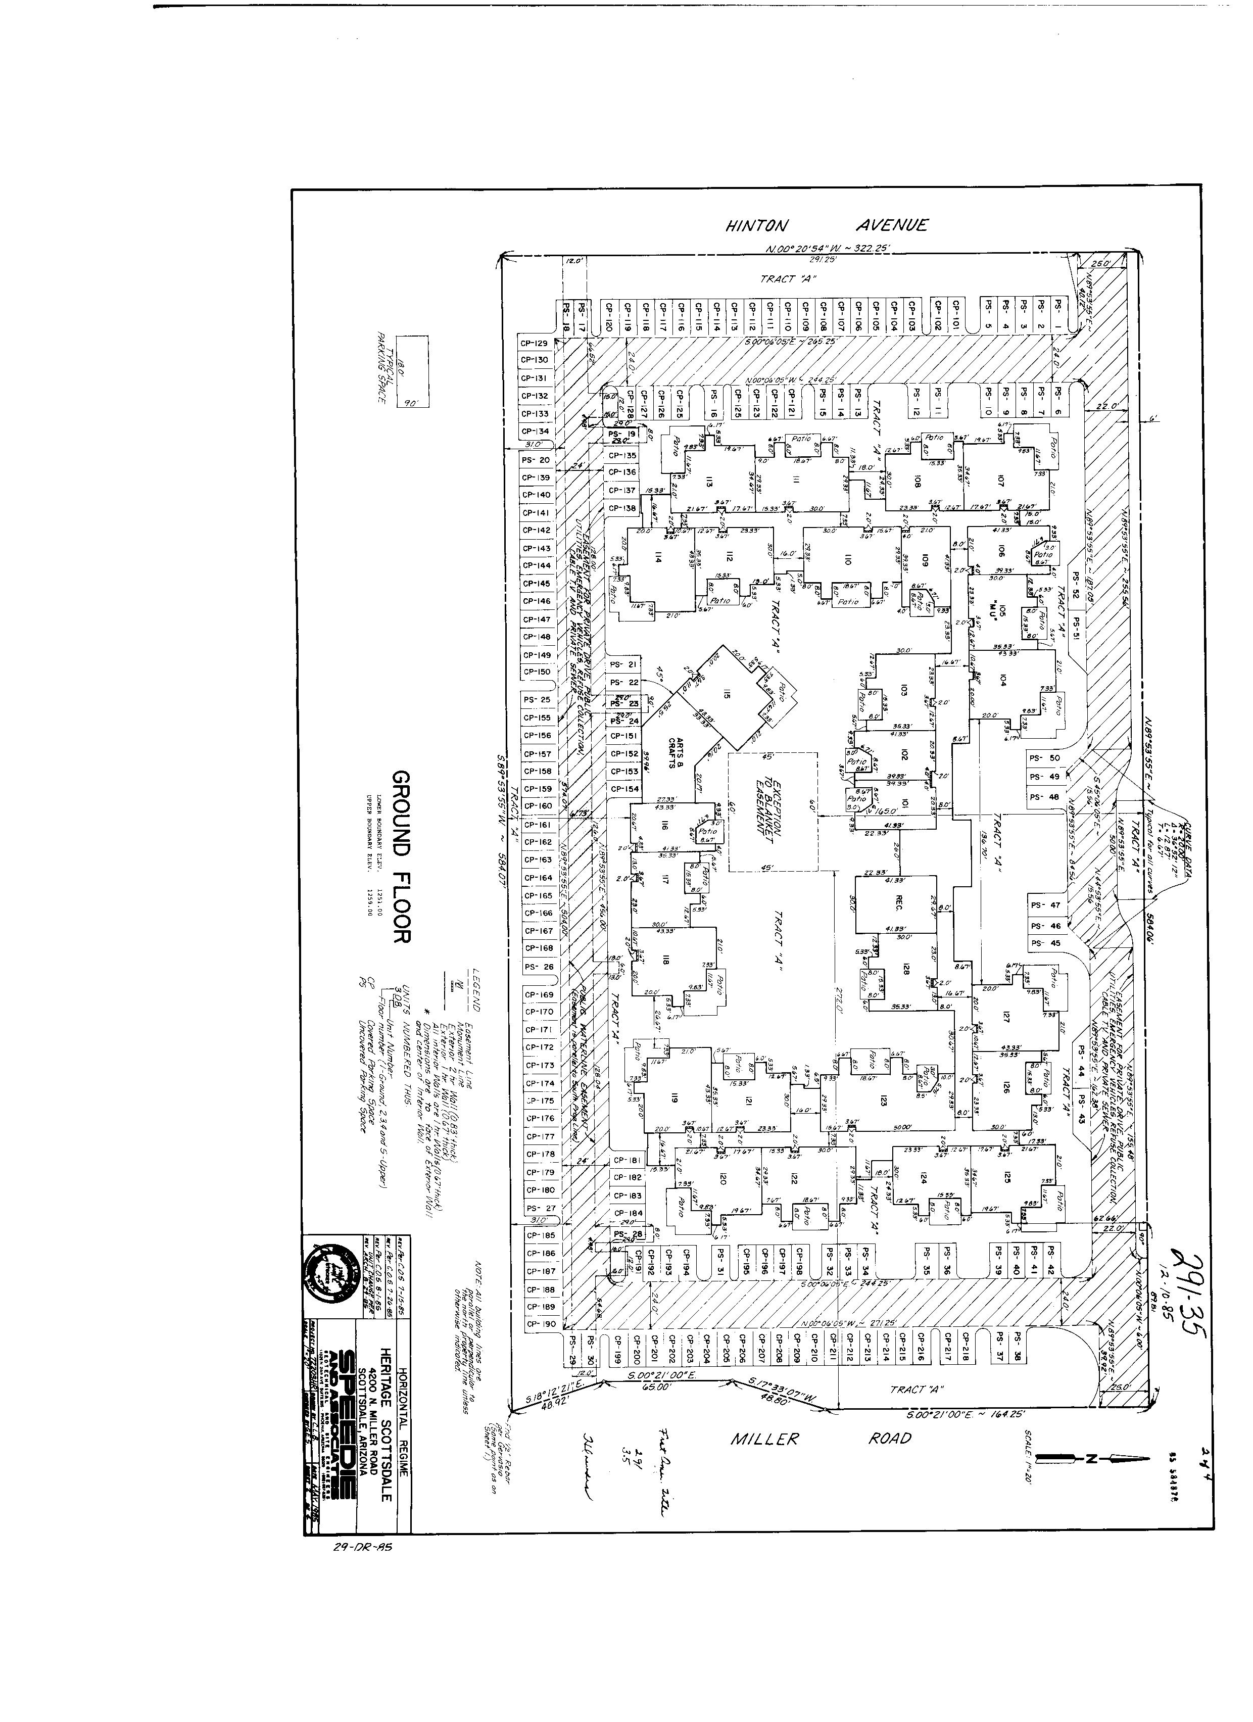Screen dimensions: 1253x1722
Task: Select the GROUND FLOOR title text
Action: click(401, 857)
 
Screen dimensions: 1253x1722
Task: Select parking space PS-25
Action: click(538, 699)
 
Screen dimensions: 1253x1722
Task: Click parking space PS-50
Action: click(1044, 758)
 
